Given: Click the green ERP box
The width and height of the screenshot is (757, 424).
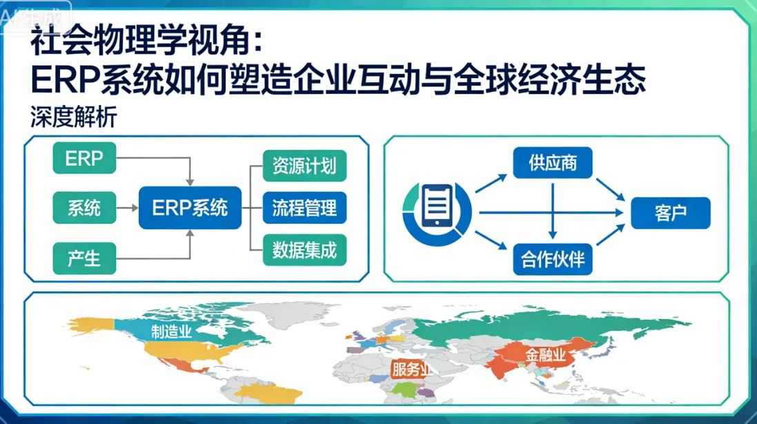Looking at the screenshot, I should point(84,158).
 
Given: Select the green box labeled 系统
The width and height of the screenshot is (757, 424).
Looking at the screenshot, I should point(84,208).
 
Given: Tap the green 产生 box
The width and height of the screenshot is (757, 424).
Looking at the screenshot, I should point(84,258).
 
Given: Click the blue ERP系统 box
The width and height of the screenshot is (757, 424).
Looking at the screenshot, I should point(190,208).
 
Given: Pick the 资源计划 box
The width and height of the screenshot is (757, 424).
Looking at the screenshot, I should point(304,166).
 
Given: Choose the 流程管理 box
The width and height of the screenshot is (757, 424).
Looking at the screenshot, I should point(304,208).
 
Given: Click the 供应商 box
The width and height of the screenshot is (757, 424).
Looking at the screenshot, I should point(553,164).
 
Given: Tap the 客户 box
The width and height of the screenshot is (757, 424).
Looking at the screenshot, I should point(670,213).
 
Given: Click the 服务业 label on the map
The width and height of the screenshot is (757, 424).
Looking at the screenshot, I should point(411,369).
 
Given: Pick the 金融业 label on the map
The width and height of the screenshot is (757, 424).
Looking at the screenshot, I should point(545,356).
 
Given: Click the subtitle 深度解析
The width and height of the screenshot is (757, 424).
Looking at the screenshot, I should point(73,117).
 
